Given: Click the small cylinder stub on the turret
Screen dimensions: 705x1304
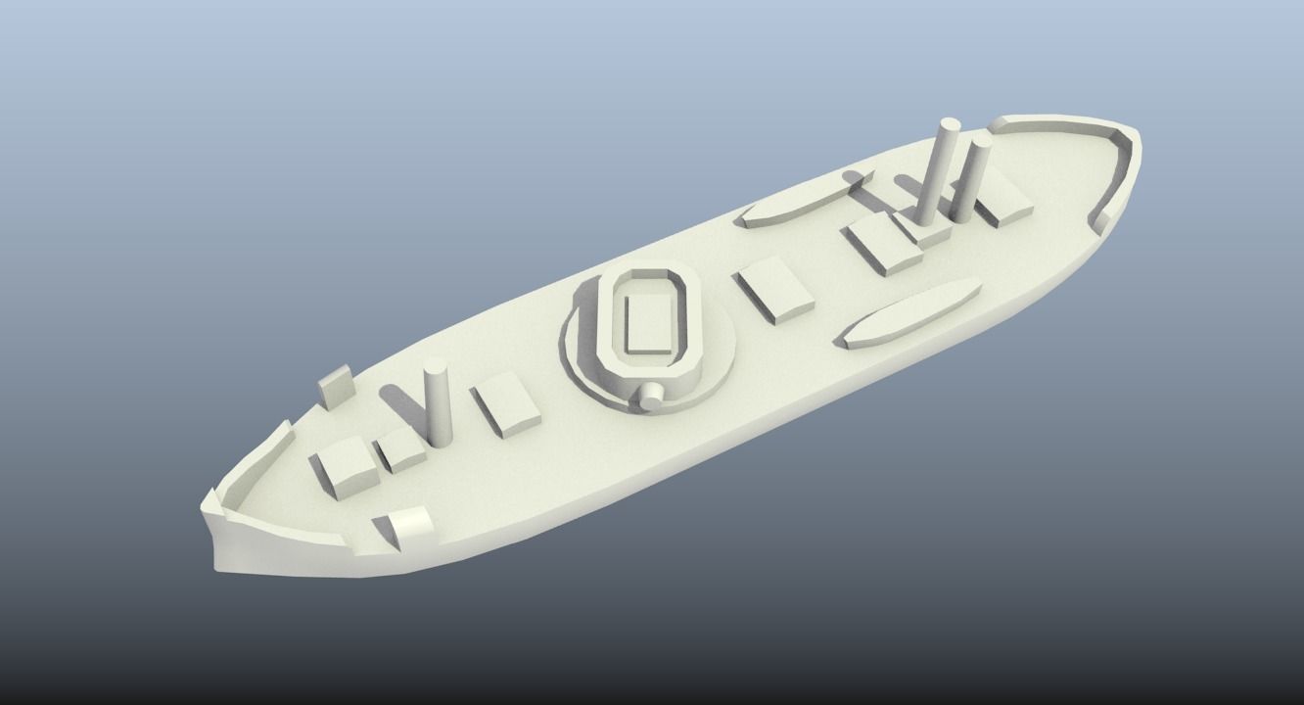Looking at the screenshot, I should click(651, 396).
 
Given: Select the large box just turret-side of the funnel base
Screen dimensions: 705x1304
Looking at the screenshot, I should click(884, 245).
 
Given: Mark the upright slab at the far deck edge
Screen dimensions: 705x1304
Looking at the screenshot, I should click(336, 386).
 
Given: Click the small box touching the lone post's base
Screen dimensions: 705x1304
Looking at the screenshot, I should click(401, 449).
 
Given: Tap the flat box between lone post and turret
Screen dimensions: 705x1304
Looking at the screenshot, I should click(506, 404).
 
